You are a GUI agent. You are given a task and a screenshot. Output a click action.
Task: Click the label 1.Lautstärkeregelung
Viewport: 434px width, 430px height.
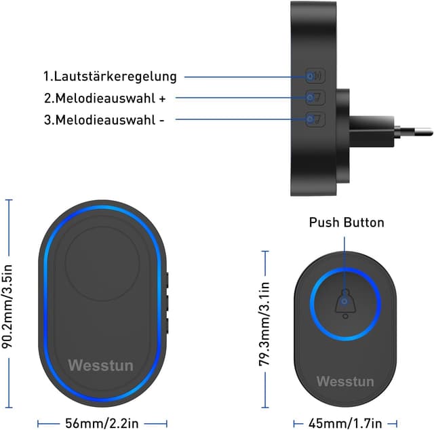pyautogui.click(x=110, y=76)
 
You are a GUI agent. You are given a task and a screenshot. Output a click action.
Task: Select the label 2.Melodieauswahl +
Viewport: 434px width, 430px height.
pyautogui.click(x=104, y=98)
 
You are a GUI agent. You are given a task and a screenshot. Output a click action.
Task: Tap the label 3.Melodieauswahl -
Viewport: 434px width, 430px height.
pyautogui.click(x=104, y=119)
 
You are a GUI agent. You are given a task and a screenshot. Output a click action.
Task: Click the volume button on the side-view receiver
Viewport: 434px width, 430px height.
pyautogui.click(x=314, y=76)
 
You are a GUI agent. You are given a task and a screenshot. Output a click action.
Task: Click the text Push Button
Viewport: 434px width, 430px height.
pyautogui.click(x=347, y=222)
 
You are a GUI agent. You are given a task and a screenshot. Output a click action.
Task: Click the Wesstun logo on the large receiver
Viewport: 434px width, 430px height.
pyautogui.click(x=100, y=366)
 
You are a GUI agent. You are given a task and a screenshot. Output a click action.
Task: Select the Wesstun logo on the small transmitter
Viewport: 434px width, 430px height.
pyautogui.click(x=344, y=381)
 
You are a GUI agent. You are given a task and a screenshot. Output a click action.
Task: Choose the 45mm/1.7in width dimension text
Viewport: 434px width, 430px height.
pyautogui.click(x=347, y=423)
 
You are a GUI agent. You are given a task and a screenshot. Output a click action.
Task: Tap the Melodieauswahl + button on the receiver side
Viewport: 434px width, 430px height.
pyautogui.click(x=314, y=98)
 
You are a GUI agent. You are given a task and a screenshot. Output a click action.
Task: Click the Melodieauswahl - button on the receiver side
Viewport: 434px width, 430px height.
pyautogui.click(x=314, y=119)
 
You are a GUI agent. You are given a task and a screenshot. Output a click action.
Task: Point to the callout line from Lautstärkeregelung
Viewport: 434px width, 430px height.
pyautogui.click(x=244, y=76)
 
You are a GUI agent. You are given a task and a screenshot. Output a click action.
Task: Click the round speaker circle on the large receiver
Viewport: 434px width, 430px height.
pyautogui.click(x=102, y=262)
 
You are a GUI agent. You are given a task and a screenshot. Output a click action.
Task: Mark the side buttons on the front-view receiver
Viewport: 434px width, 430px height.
pyautogui.click(x=166, y=302)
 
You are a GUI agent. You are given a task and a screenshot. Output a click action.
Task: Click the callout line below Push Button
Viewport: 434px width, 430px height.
pyautogui.click(x=344, y=258)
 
